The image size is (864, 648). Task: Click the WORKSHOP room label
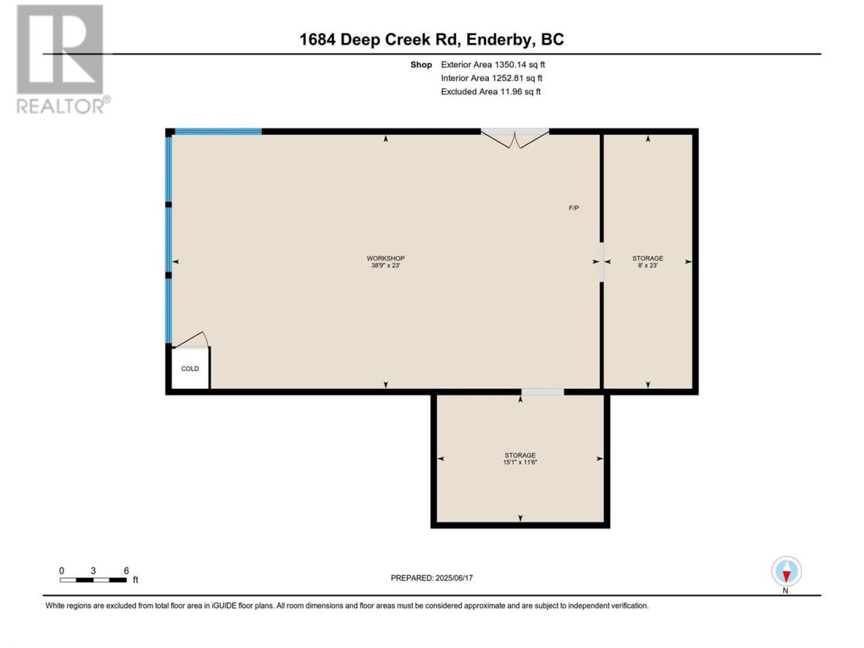pyautogui.click(x=385, y=258)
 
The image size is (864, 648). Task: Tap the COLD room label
pyautogui.click(x=190, y=369)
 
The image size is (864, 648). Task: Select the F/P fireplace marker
pyautogui.click(x=574, y=208)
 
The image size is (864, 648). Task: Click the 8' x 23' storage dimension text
pyautogui.click(x=647, y=265)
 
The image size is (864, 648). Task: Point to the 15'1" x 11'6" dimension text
pyautogui.click(x=520, y=462)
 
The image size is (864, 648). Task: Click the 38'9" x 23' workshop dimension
pyautogui.click(x=385, y=265)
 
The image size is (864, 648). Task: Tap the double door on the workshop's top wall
pyautogui.click(x=515, y=138)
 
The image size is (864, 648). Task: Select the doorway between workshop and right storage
pyautogui.click(x=601, y=262)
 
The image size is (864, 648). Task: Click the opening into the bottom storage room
pyautogui.click(x=543, y=392)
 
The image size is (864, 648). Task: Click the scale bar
pyautogui.click(x=93, y=580)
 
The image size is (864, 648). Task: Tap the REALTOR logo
pyautogui.click(x=63, y=59)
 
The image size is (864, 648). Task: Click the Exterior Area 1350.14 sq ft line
pyautogui.click(x=493, y=65)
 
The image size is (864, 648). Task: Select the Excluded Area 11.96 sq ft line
pyautogui.click(x=491, y=92)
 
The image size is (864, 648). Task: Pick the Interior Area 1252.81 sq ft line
pyautogui.click(x=491, y=78)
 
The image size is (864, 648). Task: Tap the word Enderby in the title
pyautogui.click(x=498, y=40)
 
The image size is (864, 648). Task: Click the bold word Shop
pyautogui.click(x=421, y=65)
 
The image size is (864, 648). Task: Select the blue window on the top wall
pyautogui.click(x=219, y=132)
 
